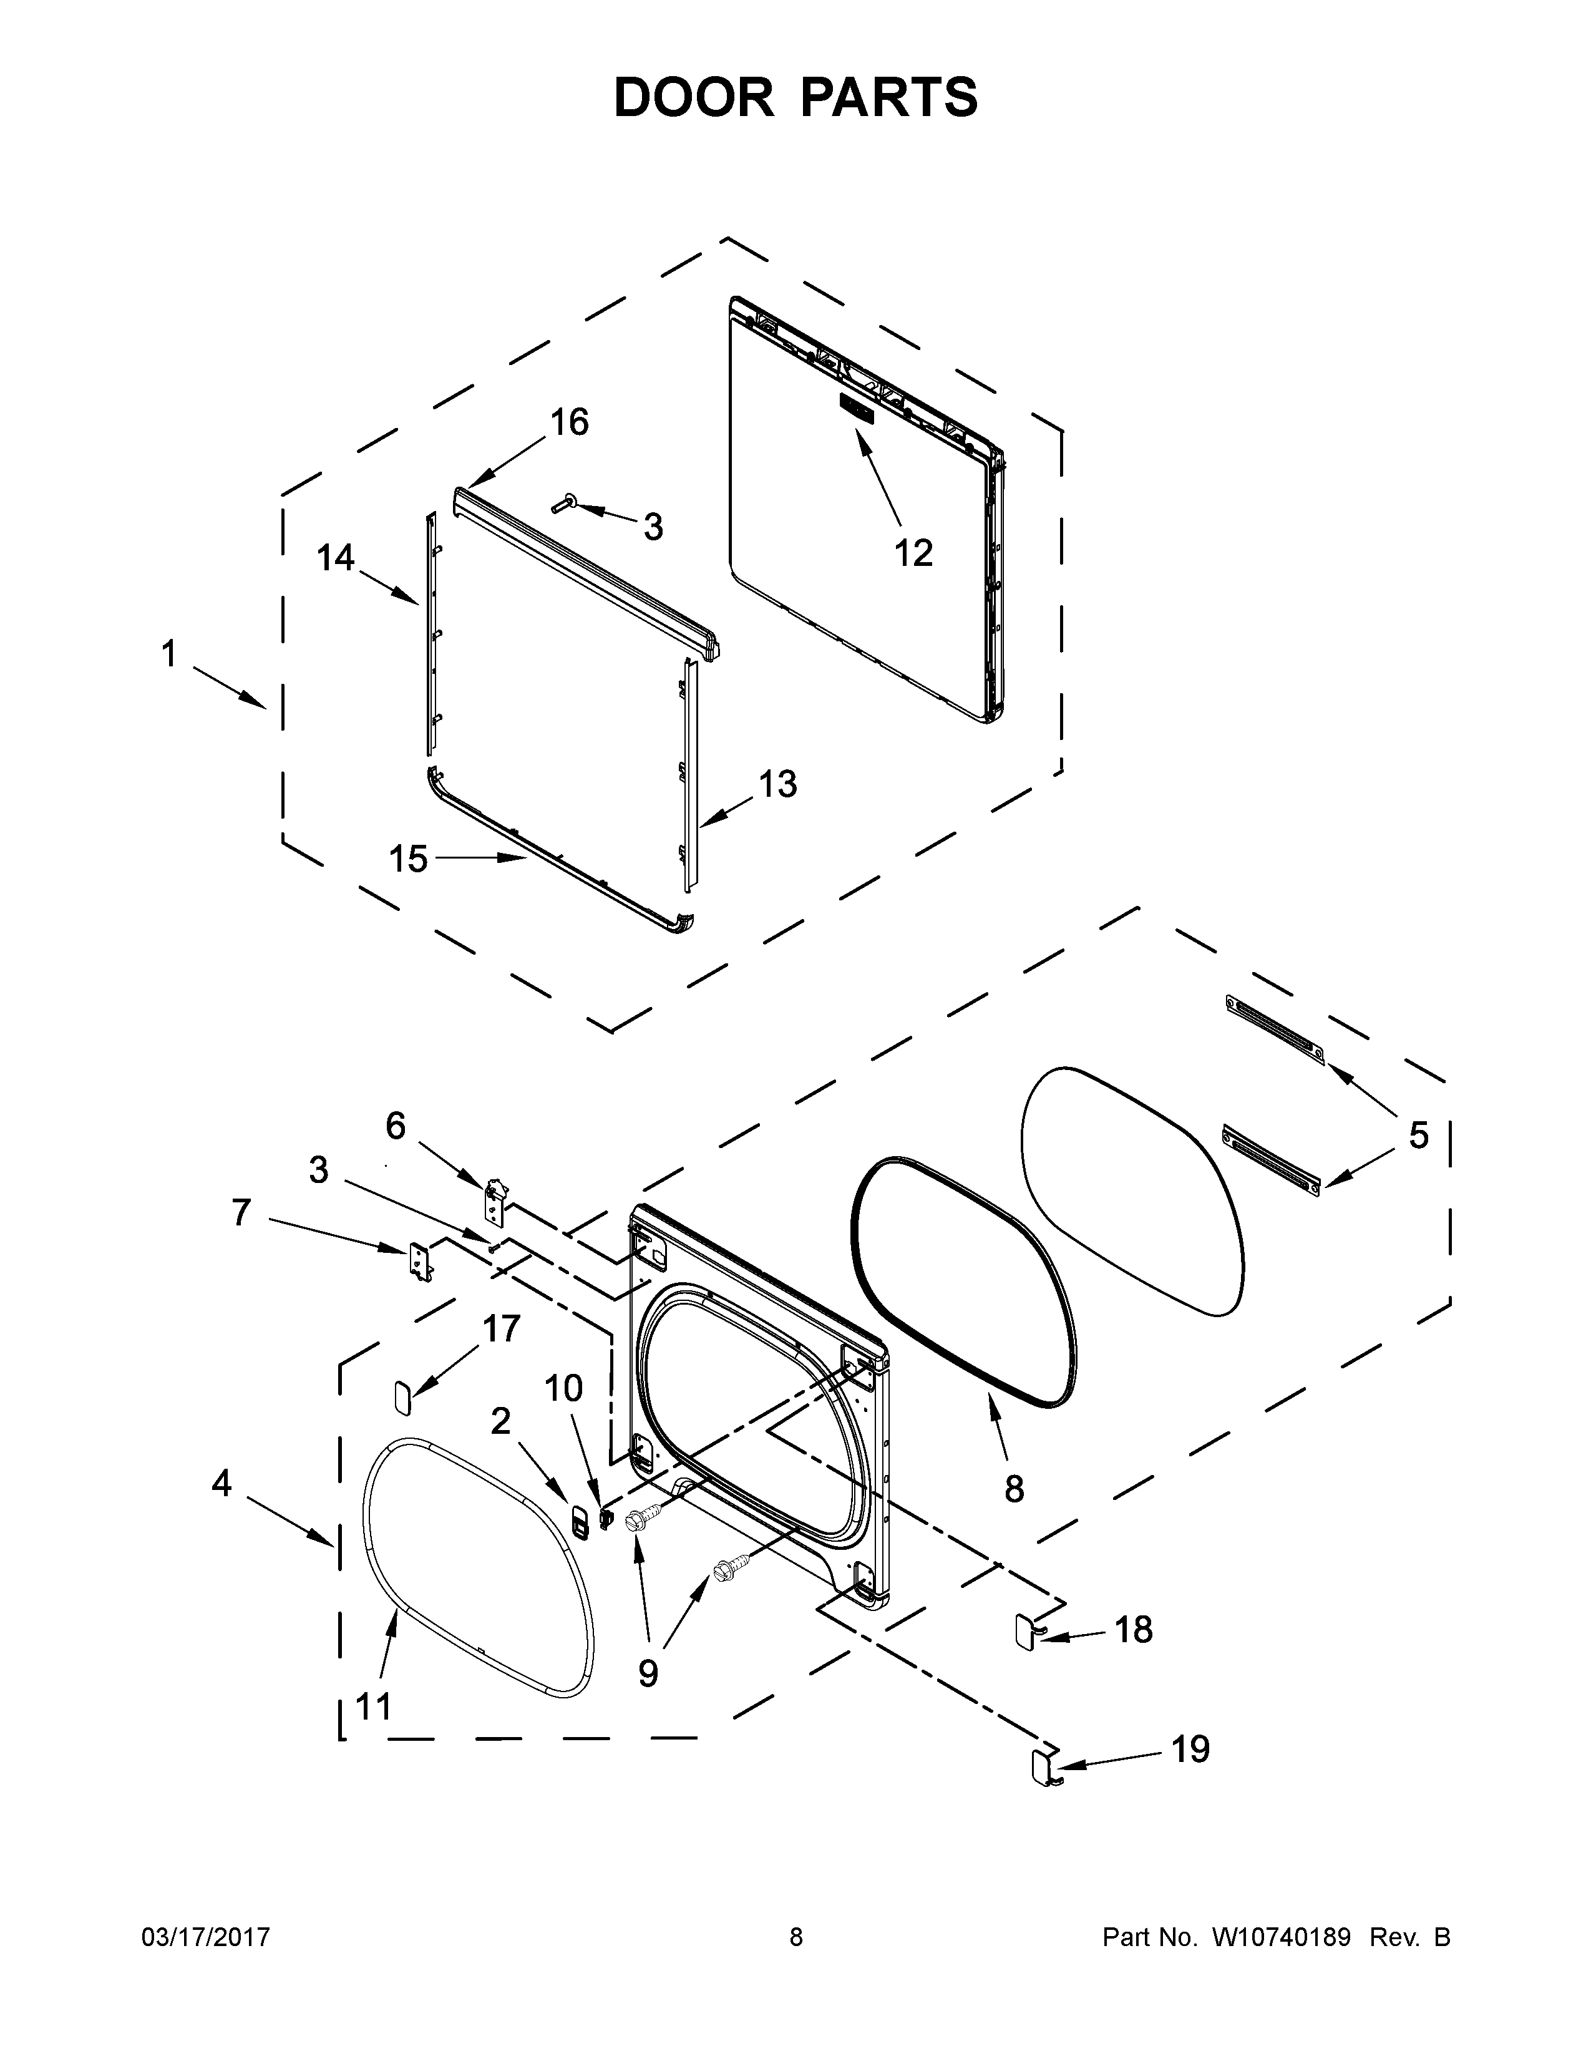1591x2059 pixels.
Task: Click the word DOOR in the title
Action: [x=693, y=97]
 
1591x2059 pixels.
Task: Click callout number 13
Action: [x=777, y=784]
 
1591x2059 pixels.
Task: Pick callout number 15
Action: [x=408, y=859]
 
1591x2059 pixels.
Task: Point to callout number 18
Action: [x=1133, y=1629]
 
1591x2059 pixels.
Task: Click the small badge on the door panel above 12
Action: [x=856, y=409]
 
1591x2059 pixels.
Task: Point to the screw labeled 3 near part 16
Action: [x=563, y=506]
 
